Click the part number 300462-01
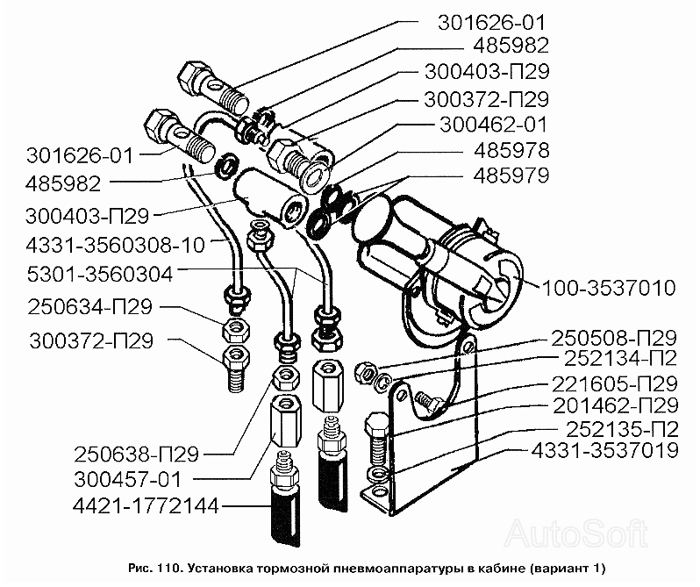[x=493, y=125]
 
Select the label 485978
[x=511, y=150]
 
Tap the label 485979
[x=511, y=175]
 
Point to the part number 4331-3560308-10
[x=116, y=245]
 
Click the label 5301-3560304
[x=100, y=274]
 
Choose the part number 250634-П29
[x=90, y=307]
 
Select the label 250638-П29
[x=136, y=455]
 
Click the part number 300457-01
[x=128, y=479]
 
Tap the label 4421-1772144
[x=146, y=505]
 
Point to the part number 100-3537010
[x=609, y=288]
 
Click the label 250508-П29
[x=615, y=339]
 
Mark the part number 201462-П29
[x=616, y=405]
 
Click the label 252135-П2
[x=622, y=429]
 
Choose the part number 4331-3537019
[x=605, y=450]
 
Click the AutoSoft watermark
[x=576, y=533]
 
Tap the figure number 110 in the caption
[x=168, y=569]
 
